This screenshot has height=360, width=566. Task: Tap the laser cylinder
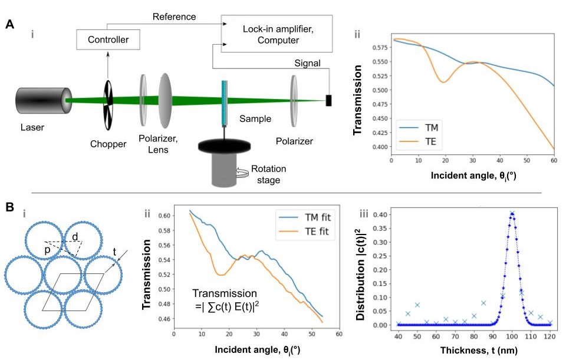pos(41,101)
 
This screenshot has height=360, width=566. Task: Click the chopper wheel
pos(107,104)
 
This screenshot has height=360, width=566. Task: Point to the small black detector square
pos(329,101)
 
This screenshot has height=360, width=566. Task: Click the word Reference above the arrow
pos(173,16)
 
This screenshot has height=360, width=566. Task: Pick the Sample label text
pos(255,119)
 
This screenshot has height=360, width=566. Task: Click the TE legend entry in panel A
pos(428,141)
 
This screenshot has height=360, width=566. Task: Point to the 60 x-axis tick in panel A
pos(554,160)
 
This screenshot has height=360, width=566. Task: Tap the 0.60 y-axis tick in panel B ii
pos(164,216)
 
